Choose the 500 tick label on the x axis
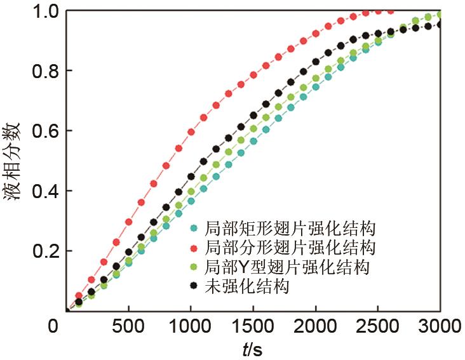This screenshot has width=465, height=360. tap(128, 328)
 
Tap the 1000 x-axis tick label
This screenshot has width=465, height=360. tap(191, 328)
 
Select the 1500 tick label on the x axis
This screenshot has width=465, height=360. tap(253, 328)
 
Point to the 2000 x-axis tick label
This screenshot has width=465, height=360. tap(315, 328)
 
